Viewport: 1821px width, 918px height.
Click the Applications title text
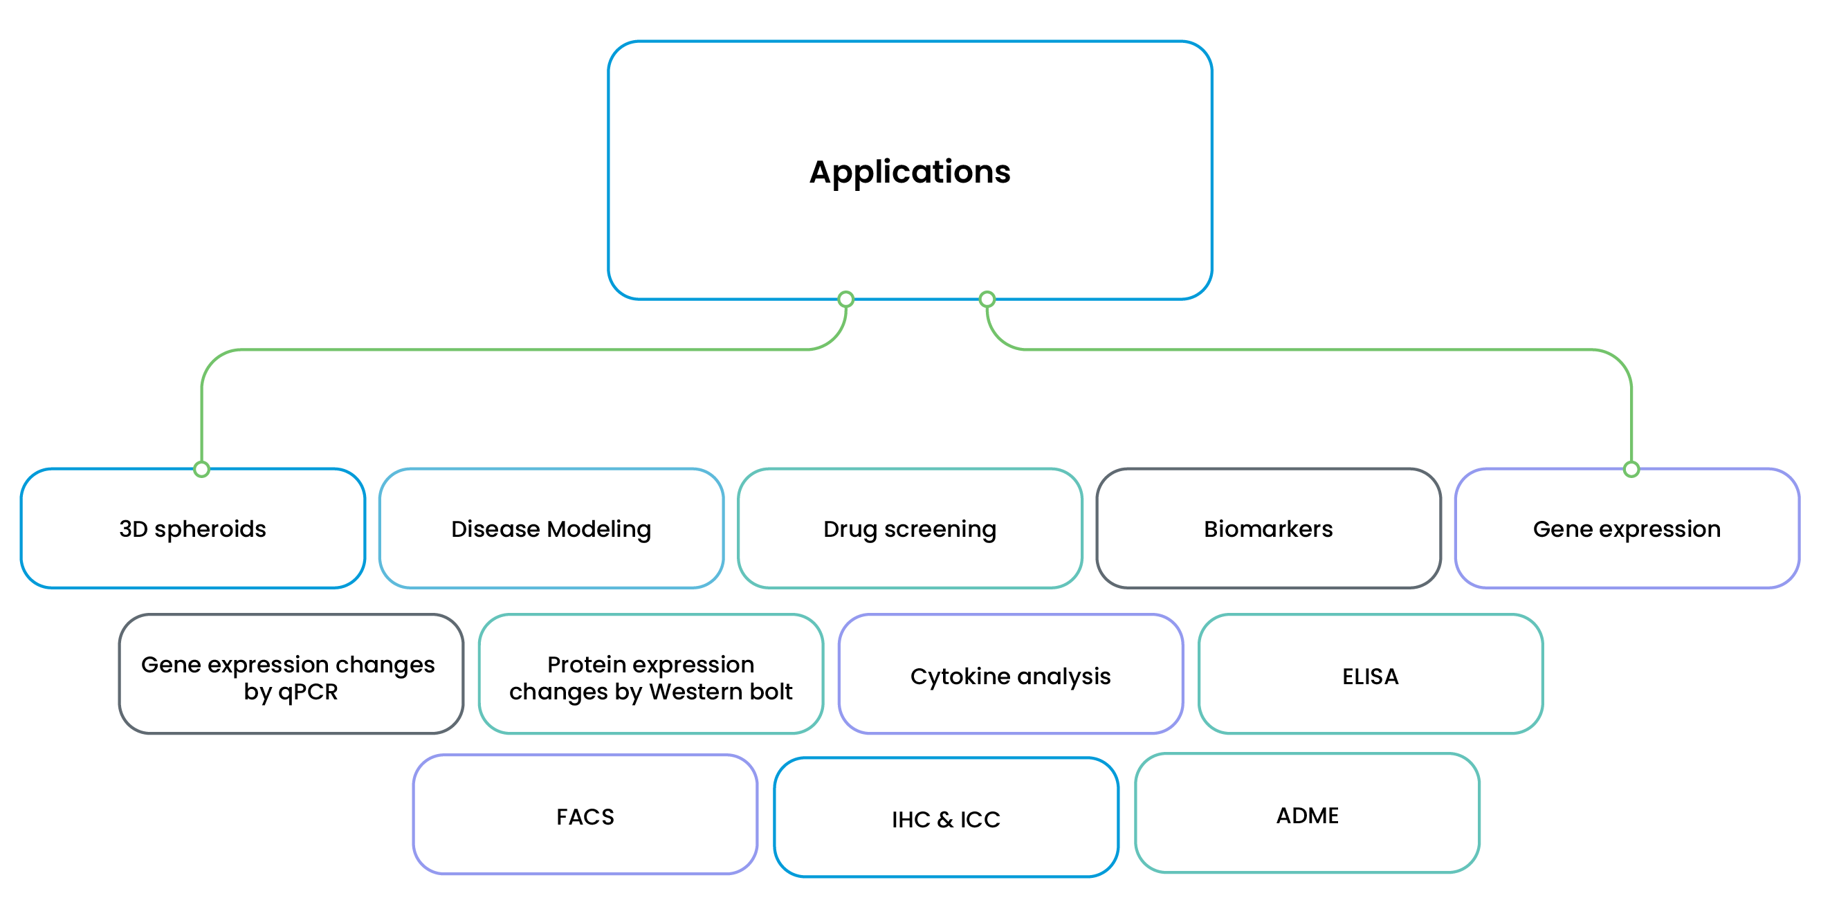coord(910,172)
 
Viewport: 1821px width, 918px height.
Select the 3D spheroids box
coord(192,529)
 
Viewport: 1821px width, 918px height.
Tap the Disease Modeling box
coord(551,529)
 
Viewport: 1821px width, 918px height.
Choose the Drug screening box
coord(910,529)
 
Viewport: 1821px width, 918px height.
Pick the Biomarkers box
coord(1268,529)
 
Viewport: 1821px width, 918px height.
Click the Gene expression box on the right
coord(1627,529)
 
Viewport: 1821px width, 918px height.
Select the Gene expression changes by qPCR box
coord(291,675)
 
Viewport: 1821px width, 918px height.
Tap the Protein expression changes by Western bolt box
coord(650,675)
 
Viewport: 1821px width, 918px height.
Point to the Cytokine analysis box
coord(1010,675)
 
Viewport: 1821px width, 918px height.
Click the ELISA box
coord(1370,675)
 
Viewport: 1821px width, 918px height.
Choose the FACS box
coord(585,816)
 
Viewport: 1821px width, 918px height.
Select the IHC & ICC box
coord(946,818)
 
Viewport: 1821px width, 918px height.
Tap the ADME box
coord(1307,814)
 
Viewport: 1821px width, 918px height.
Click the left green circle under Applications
coord(845,299)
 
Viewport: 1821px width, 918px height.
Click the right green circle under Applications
coord(987,299)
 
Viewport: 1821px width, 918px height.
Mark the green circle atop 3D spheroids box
coord(201,468)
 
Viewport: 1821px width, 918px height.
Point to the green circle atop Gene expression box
coord(1631,468)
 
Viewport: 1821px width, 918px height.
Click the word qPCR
coord(307,691)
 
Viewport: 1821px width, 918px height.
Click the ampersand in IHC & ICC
coord(945,820)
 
